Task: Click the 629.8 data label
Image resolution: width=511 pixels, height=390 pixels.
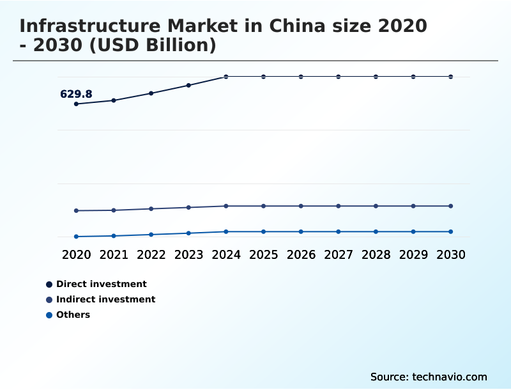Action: point(76,94)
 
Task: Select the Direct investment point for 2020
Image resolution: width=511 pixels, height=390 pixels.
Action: point(76,104)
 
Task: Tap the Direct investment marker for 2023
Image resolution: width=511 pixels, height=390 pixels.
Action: point(188,85)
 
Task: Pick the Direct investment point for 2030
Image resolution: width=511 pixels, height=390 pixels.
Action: point(451,77)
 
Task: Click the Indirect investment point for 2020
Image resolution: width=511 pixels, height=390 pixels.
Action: point(76,210)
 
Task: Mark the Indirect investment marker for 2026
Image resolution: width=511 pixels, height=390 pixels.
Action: point(301,206)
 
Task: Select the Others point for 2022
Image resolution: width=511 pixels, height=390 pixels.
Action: point(151,235)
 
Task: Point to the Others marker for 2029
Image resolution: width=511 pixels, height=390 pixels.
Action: point(413,231)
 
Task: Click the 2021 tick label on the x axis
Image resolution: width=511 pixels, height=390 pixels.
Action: point(114,254)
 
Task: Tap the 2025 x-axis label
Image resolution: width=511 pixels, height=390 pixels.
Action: point(263,254)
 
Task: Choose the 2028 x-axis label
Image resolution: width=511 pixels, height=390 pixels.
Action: point(376,254)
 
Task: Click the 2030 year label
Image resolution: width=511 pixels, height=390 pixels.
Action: point(451,254)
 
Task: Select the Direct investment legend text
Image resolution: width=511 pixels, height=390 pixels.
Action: point(101,284)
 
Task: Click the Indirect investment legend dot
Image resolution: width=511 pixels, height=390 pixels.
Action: point(49,300)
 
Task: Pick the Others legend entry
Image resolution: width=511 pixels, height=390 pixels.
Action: point(73,315)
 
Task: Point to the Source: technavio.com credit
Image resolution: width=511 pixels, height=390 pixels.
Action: point(429,377)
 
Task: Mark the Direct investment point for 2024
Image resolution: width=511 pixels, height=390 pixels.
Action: point(226,77)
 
